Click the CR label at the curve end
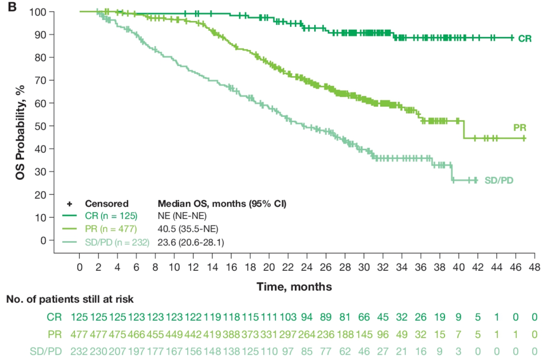[525, 38]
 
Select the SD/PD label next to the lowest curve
[499, 180]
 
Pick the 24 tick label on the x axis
[307, 266]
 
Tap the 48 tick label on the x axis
[534, 266]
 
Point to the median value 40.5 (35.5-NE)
[188, 230]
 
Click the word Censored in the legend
[106, 204]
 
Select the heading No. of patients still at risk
[70, 299]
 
